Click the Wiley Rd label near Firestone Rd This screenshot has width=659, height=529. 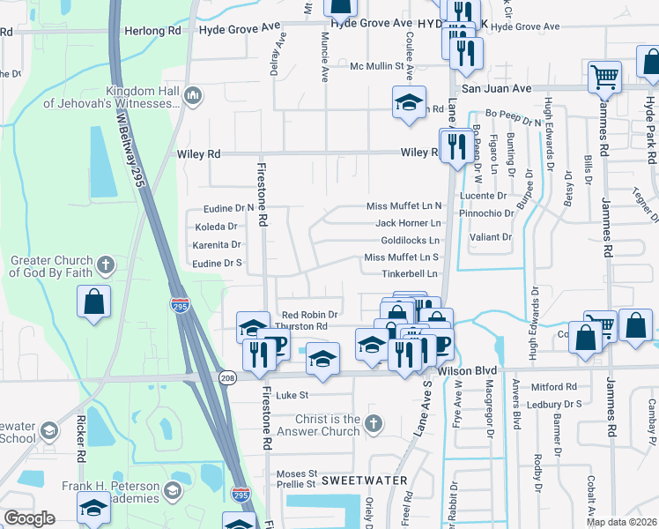point(198,153)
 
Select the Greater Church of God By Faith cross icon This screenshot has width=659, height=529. point(105,264)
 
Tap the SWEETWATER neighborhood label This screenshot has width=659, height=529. point(365,481)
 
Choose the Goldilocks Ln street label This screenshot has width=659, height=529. point(410,240)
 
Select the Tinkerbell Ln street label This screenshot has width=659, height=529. point(411,273)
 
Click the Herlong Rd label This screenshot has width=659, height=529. point(156,29)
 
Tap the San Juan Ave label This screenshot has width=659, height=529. point(498,89)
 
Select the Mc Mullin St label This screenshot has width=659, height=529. point(381,66)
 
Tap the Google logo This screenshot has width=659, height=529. point(29,518)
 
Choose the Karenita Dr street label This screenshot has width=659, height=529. point(217,244)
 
